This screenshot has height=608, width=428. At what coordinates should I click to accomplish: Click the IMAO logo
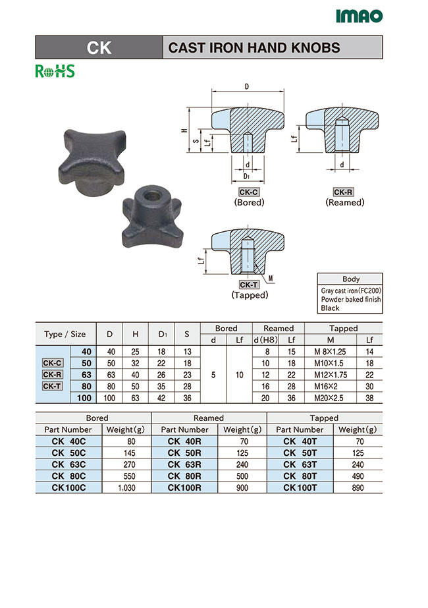coord(358,16)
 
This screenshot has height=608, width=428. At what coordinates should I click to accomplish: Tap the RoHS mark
coord(55,71)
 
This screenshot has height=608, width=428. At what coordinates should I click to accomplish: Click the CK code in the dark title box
coord(99,48)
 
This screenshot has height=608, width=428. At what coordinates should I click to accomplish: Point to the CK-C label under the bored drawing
coord(249,192)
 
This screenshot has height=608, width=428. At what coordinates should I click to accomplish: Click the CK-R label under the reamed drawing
coord(343,192)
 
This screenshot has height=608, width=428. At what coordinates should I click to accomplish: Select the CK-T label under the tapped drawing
coord(249,285)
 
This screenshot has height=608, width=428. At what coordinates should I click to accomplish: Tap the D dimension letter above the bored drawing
coord(246,87)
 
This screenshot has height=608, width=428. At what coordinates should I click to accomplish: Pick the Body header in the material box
coord(351,279)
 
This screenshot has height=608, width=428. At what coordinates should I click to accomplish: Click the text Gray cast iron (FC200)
coord(351,290)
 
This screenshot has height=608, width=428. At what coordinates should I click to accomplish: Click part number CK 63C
coord(67,464)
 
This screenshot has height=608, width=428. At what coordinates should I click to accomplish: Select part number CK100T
coord(300,487)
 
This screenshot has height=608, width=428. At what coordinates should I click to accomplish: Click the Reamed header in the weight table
coord(209,418)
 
